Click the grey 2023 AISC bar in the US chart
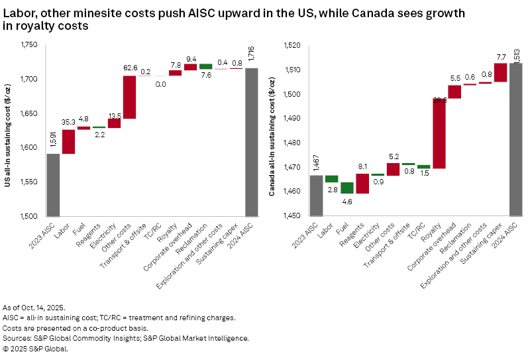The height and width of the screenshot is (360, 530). coord(53,184)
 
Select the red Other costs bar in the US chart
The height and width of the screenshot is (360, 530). coord(130,97)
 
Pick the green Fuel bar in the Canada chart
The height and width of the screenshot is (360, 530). coord(347,188)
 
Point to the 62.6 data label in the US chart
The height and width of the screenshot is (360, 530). coord(130,68)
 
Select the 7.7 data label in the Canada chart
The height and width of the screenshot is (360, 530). coord(500,56)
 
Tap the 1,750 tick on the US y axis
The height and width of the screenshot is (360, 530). coord(28,45)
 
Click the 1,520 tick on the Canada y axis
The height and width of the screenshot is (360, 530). coord(292,45)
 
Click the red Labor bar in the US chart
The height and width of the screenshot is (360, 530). coord(68,141)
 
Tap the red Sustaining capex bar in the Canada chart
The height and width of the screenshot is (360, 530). coord(500,72)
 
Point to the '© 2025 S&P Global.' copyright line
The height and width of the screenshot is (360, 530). coord(37,348)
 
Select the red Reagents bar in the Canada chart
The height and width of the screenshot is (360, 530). coord(362,183)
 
